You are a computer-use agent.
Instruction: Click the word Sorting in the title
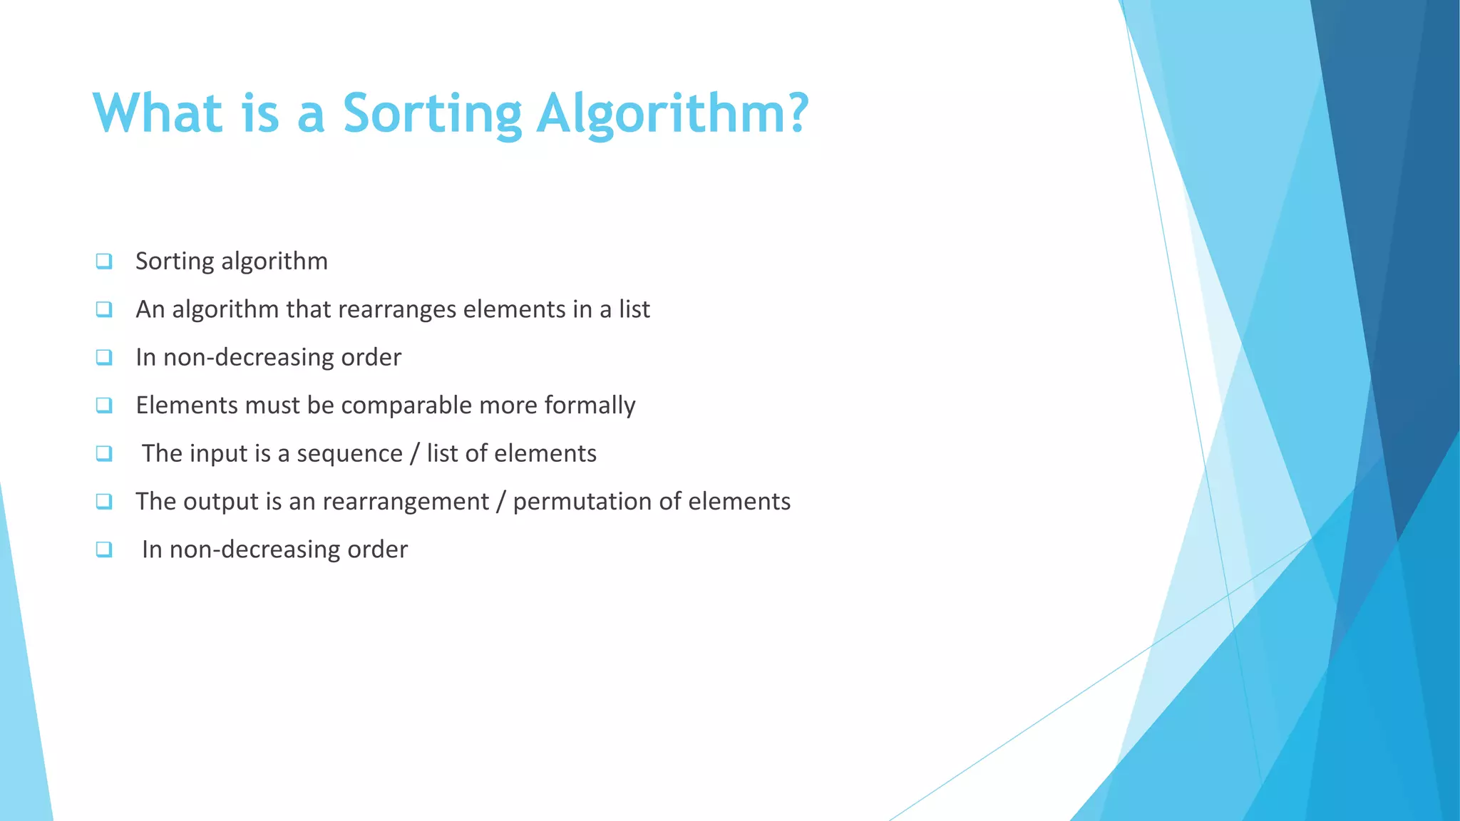[432, 114]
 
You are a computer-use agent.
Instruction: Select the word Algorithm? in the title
[672, 114]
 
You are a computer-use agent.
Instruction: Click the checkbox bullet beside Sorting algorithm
[104, 262]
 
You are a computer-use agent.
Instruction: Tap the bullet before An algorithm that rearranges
[104, 309]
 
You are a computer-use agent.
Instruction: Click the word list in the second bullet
[634, 309]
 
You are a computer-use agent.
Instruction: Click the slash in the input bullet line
[415, 454]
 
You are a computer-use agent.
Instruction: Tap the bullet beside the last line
[104, 549]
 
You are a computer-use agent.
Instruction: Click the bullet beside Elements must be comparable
[104, 406]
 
